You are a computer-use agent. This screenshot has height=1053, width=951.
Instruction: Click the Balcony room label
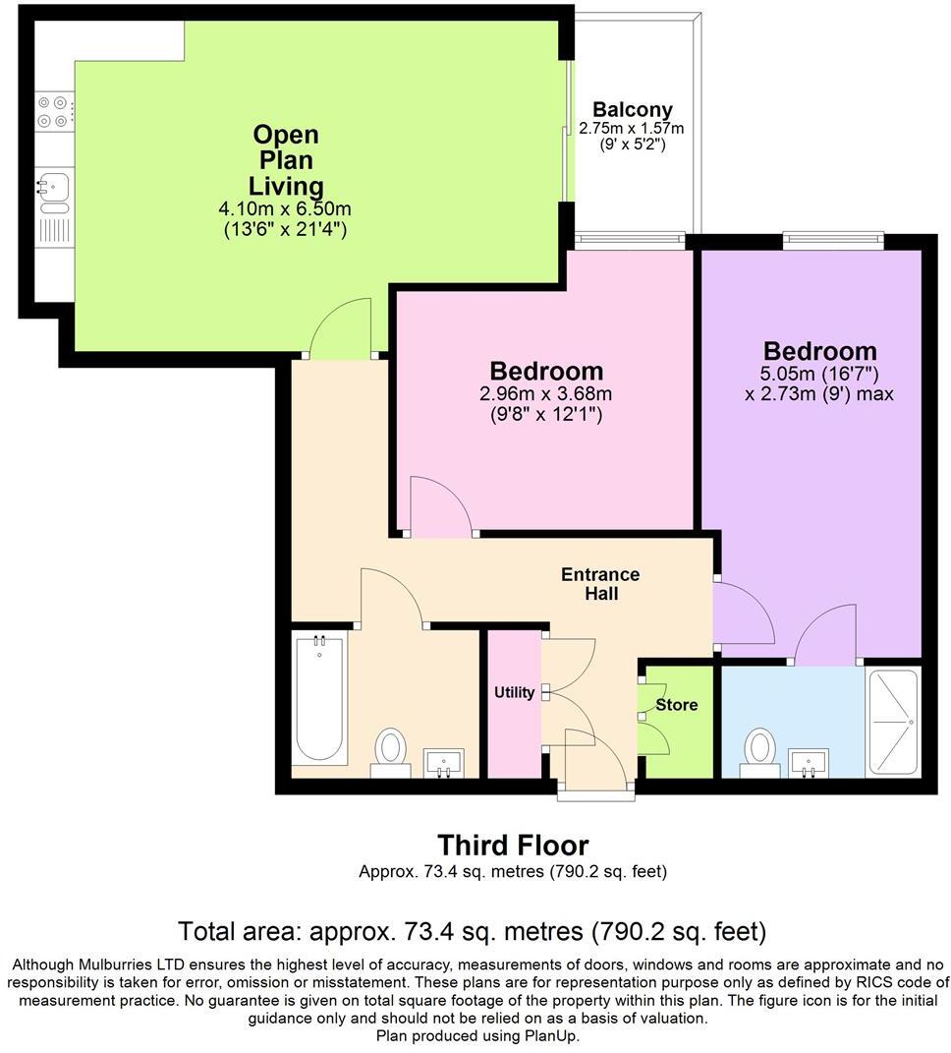pos(633,109)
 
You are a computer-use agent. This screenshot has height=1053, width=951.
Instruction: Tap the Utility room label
pos(514,692)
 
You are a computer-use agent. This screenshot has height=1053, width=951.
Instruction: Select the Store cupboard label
pos(677,705)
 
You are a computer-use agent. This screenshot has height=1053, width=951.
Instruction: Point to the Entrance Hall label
pos(600,584)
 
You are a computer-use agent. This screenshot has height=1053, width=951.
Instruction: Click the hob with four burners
pos(53,111)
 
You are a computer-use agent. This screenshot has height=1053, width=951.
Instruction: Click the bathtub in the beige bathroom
pos(319,698)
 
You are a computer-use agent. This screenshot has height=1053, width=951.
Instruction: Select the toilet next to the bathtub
pos(391,753)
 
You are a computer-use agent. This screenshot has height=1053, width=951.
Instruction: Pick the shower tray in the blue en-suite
pos(893,723)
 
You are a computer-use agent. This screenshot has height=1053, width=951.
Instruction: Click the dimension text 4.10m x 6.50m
pos(285,208)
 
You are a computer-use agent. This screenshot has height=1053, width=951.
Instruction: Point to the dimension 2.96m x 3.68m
pos(545,393)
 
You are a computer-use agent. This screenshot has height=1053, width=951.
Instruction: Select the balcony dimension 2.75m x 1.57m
pos(632,128)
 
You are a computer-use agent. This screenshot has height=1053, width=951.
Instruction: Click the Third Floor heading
pos(514,845)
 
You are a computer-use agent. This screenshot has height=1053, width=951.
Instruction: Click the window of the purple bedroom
pos(833,240)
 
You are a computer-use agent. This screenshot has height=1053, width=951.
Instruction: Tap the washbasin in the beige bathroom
pos(444,764)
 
